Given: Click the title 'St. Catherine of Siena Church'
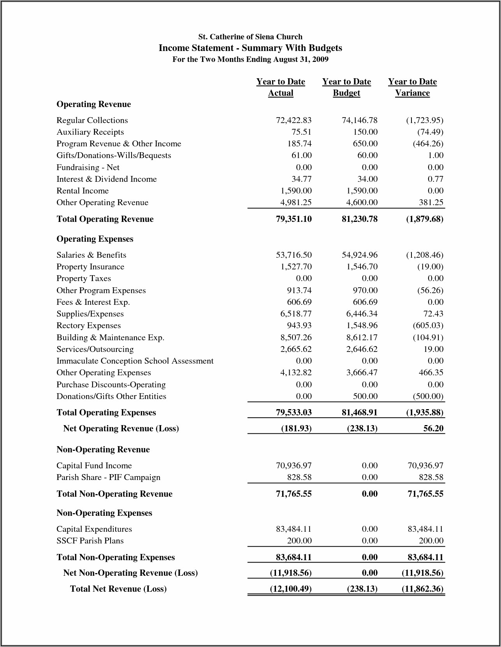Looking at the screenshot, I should tap(250, 37).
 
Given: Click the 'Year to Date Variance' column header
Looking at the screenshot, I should tap(412, 87).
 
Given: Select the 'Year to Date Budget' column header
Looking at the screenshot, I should tap(346, 87).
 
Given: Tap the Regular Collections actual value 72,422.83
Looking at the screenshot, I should tap(294, 120).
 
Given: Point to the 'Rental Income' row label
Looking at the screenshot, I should tap(83, 191).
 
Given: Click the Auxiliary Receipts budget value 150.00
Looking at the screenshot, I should tap(365, 132).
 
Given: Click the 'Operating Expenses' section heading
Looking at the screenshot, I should tap(95, 239).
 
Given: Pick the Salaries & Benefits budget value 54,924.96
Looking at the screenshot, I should tap(360, 255).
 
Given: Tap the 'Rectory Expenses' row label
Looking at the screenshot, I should tap(88, 325).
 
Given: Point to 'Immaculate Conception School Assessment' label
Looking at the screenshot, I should tap(135, 361).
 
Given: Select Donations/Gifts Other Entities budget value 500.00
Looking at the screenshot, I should tap(365, 396).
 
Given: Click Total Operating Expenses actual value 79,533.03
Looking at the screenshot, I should tap(294, 412).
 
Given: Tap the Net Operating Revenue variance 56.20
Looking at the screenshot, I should tap(433, 428).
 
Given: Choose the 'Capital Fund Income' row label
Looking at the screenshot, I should tap(94, 466).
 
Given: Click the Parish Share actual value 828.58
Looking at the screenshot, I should tap(299, 477).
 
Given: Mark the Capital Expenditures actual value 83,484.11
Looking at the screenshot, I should tap(294, 529).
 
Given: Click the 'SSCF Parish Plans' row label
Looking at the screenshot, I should tap(90, 541).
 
